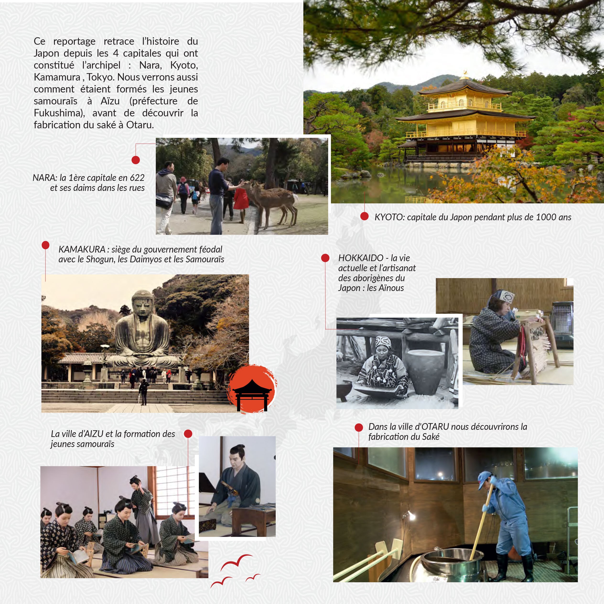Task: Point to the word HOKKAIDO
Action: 361,258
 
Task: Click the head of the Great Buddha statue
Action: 143,303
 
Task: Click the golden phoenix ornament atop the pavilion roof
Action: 466,74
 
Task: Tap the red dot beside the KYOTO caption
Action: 364,216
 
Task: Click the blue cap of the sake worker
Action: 485,480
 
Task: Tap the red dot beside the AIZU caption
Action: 188,434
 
